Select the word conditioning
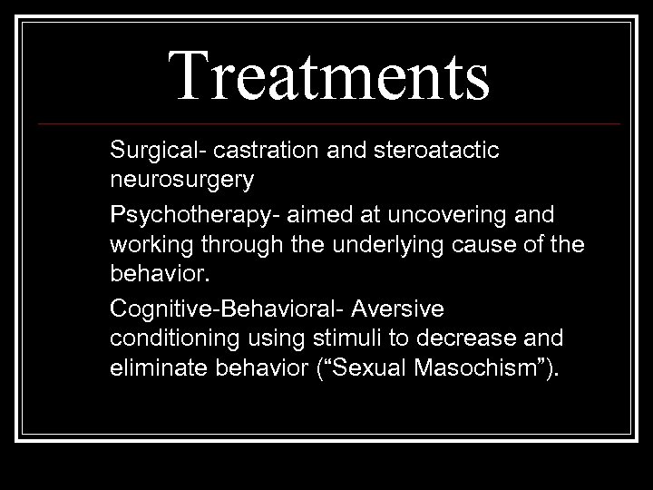tap(172, 339)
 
